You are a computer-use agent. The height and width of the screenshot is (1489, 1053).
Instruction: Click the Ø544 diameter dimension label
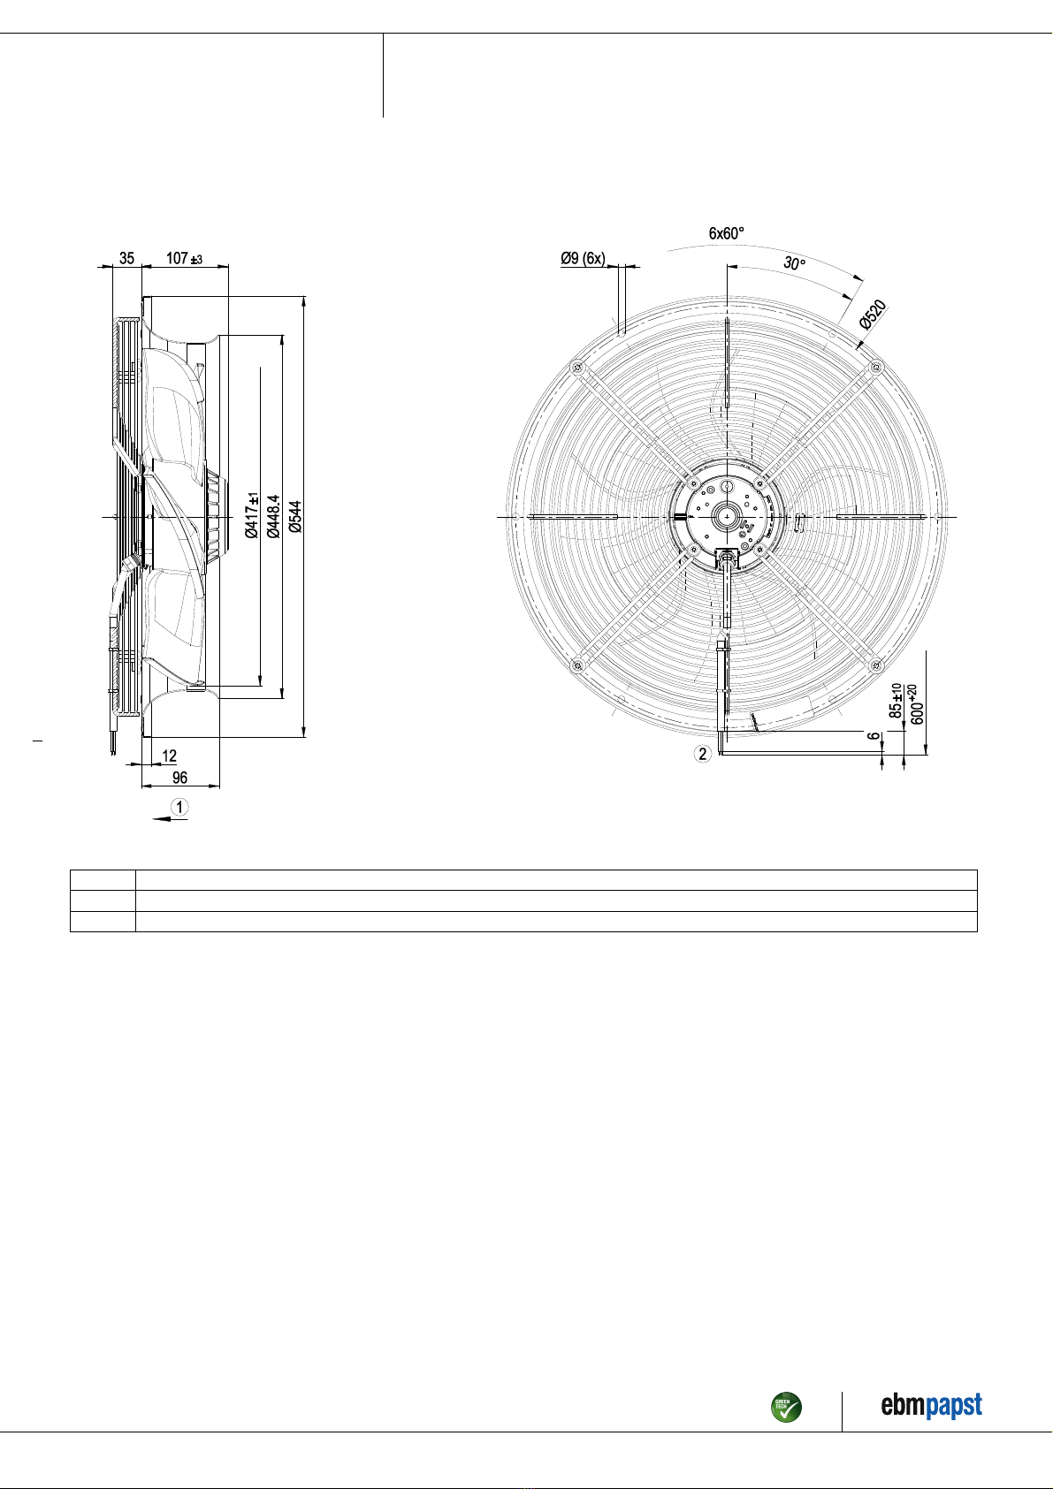(296, 516)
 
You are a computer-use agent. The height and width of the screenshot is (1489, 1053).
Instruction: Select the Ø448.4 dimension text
(272, 516)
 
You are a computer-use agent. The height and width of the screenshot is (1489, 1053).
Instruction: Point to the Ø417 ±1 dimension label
(251, 515)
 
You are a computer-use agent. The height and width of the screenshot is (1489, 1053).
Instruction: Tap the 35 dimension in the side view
(126, 258)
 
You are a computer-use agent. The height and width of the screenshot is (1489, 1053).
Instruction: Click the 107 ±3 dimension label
(184, 258)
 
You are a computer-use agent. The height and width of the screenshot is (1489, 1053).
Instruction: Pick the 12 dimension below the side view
(169, 756)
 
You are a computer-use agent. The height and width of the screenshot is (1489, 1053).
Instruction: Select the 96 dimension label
(179, 777)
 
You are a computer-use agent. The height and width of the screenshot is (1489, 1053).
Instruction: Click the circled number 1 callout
(179, 807)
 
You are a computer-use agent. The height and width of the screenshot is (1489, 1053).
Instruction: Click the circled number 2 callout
(703, 754)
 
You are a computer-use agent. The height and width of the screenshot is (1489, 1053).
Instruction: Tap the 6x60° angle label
(727, 233)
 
